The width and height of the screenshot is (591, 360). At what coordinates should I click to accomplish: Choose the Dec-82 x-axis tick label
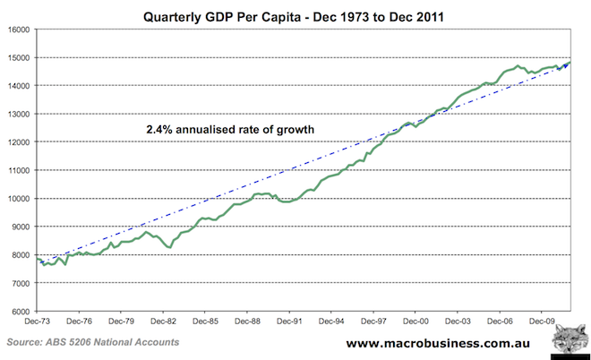pos(163,320)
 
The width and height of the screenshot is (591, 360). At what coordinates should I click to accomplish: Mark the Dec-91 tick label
pos(289,320)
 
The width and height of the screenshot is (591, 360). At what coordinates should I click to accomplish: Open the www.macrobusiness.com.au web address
pos(434,343)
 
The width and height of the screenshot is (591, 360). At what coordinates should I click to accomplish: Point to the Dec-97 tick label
pos(373,320)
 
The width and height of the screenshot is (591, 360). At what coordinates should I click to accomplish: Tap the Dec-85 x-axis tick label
pos(205,320)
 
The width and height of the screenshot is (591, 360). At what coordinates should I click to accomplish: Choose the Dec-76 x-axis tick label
pos(79,320)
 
